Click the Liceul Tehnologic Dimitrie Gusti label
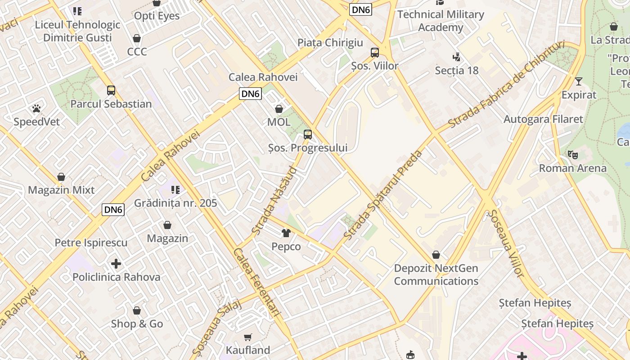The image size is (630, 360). tap(77, 31)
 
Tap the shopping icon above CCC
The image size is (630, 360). tap(137, 38)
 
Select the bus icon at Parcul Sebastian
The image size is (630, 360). tap(111, 90)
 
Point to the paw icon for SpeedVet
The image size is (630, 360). tap(36, 108)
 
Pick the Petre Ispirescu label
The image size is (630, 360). tap(91, 243)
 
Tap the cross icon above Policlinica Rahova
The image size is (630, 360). tap(116, 263)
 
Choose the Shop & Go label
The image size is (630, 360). tap(137, 324)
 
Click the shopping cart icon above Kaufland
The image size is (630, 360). tap(248, 337)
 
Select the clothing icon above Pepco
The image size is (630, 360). tap(286, 233)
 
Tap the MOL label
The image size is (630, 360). tap(279, 122)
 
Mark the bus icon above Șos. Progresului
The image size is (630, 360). tap(308, 134)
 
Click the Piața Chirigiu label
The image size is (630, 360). tap(330, 43)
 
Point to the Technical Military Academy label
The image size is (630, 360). tap(441, 21)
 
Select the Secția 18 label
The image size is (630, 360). tap(457, 70)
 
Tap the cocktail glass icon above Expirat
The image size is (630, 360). tap(579, 81)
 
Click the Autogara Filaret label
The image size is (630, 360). tap(543, 119)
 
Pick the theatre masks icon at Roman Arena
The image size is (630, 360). tap(573, 155)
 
